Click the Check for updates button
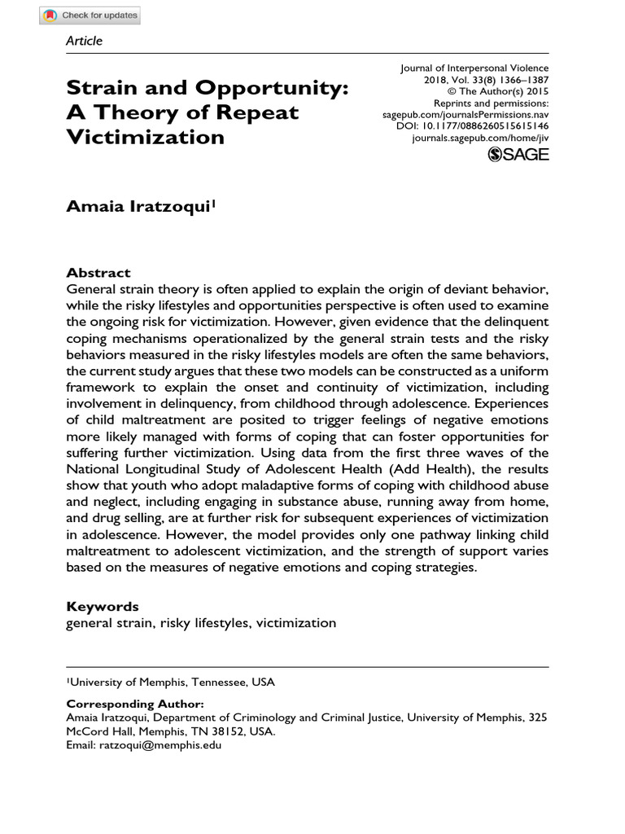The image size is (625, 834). [x=90, y=15]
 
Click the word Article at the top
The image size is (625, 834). [x=84, y=40]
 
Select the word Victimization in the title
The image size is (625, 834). [x=145, y=136]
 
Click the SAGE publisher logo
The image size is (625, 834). [x=518, y=155]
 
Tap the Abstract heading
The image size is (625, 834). [x=98, y=273]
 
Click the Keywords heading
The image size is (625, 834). [x=103, y=607]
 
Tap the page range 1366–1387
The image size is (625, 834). [x=521, y=81]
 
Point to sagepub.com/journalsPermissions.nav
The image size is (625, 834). [x=465, y=116]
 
